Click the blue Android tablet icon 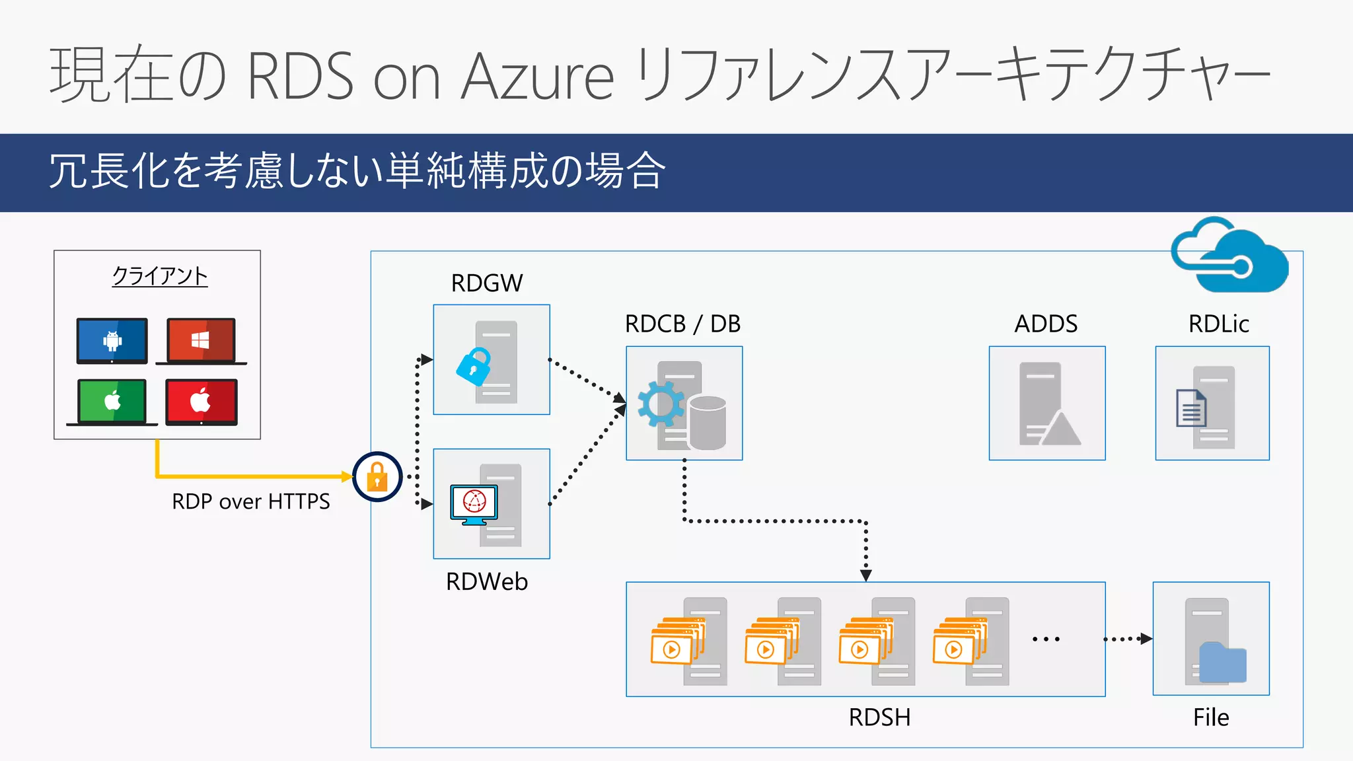click(112, 341)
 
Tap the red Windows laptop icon click(201, 341)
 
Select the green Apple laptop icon click(112, 401)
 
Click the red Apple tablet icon click(201, 401)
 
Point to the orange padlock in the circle click(377, 477)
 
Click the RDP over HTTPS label click(250, 502)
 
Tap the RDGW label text click(487, 283)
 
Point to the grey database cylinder click(708, 423)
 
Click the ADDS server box click(1046, 403)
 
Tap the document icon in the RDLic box click(1191, 409)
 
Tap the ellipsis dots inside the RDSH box click(1046, 639)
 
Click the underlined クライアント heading click(160, 276)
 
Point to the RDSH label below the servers click(879, 717)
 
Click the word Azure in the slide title click(537, 76)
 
